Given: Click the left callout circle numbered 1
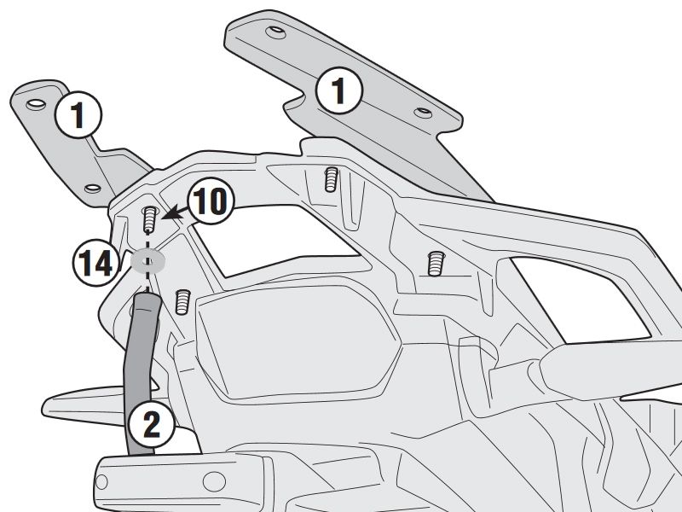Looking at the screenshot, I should coord(78,116).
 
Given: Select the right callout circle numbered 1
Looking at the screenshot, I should coord(340,90).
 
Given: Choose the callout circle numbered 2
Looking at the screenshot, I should coord(151,424).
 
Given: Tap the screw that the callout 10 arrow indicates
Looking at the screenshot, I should coord(149,218).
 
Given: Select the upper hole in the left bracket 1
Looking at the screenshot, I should coord(35,103).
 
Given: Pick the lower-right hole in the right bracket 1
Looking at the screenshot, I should coord(423,113).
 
